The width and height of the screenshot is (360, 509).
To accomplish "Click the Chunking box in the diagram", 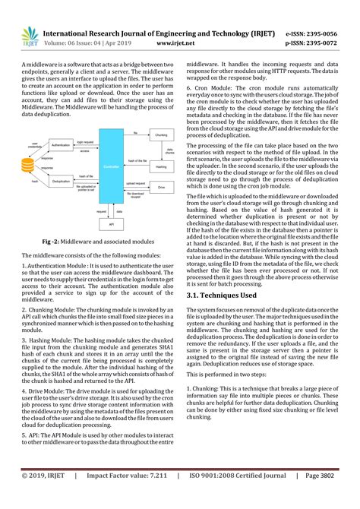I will coord(160,134).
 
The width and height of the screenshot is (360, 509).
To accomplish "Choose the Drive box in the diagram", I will coord(160,185).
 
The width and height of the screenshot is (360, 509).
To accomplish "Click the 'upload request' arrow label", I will coord(135,182).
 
